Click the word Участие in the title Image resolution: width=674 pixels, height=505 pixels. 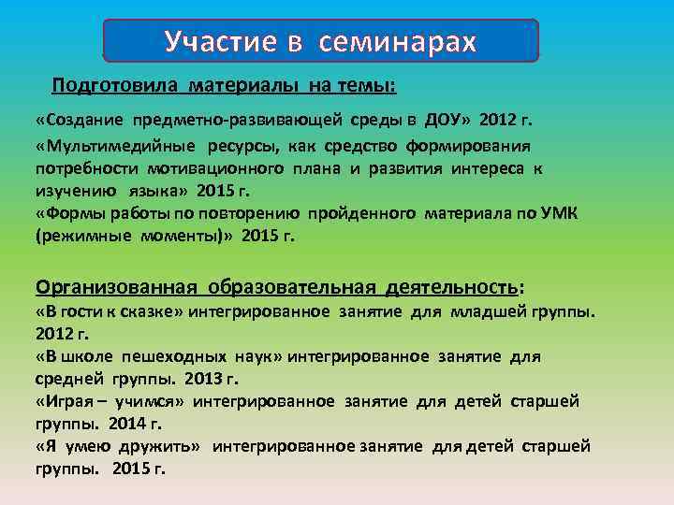tap(223, 42)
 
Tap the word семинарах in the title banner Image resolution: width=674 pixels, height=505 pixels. tap(397, 42)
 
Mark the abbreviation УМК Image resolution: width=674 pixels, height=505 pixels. tap(560, 213)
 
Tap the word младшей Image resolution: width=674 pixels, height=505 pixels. tap(490, 311)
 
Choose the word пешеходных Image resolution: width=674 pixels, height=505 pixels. tap(167, 356)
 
